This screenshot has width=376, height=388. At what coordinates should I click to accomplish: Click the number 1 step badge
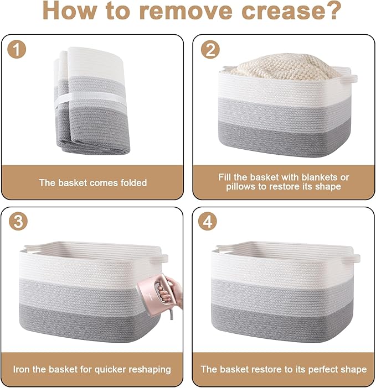[x=17, y=50]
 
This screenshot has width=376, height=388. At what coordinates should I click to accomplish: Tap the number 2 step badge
[x=210, y=50]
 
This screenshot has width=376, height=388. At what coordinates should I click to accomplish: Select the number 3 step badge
[x=18, y=222]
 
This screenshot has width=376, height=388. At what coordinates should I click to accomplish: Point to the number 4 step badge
[x=208, y=222]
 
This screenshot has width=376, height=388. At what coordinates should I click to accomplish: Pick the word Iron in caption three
[x=22, y=369]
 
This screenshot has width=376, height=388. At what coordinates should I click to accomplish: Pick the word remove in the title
[x=186, y=11]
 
